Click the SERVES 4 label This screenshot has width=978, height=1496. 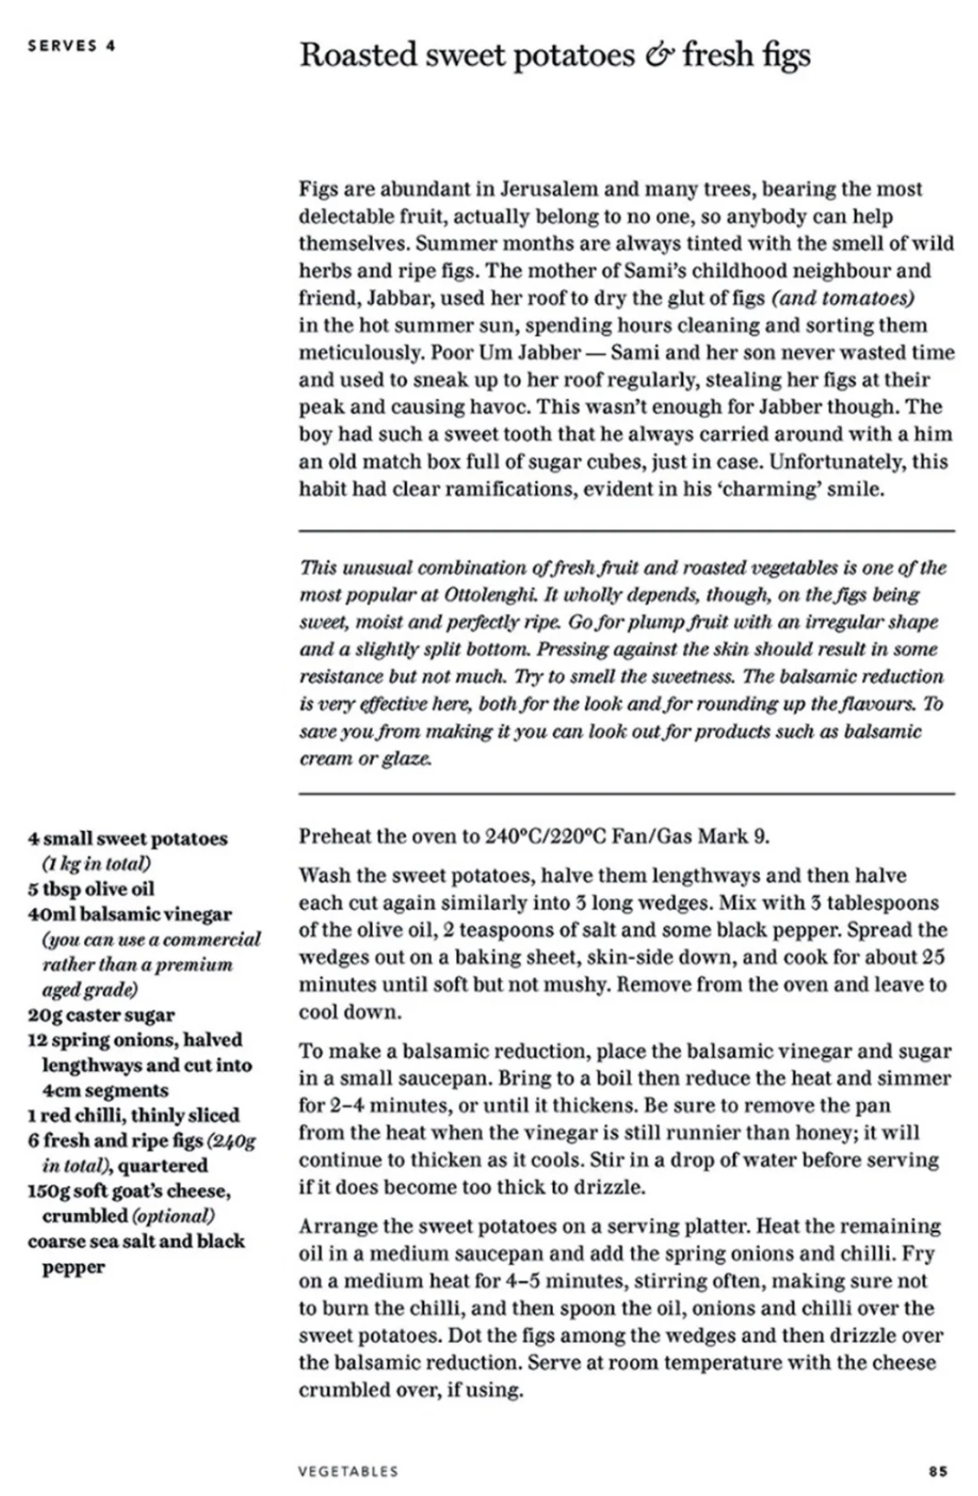click(71, 45)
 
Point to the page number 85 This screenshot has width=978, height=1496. click(938, 1470)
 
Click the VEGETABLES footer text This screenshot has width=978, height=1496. click(347, 1470)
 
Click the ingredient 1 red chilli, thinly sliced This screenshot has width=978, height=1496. click(133, 1114)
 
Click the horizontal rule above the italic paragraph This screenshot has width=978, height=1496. click(626, 529)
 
